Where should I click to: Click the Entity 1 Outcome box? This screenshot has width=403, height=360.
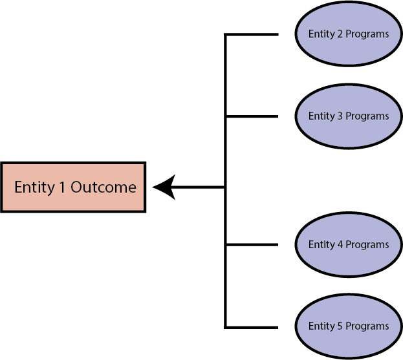pos(74,187)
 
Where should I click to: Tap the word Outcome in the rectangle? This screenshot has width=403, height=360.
pos(103,187)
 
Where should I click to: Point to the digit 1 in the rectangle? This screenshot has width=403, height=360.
pos(62,187)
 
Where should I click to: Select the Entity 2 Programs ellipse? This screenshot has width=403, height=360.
pos(348,34)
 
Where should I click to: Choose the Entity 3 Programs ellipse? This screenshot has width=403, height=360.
pos(348,116)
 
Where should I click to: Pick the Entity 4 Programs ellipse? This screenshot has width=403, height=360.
pos(348,245)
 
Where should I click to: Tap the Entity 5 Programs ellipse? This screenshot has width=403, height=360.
pos(348,326)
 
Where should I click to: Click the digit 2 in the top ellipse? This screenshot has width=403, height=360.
pos(340,34)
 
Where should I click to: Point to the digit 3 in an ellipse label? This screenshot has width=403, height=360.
pos(340,116)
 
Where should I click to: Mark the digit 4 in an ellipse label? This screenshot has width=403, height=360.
pos(340,245)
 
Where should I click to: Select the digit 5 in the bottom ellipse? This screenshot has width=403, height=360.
pos(340,326)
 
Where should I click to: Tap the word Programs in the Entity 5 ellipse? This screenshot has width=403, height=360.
pos(367,326)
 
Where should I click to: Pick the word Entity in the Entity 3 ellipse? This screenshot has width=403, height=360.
pos(321,117)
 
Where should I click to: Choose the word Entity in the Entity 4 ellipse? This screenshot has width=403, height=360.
pos(321,246)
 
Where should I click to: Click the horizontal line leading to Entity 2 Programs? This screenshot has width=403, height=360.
pos(252,34)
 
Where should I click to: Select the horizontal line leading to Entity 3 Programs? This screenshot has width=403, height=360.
pos(252,116)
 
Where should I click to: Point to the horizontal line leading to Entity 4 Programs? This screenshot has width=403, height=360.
pos(252,245)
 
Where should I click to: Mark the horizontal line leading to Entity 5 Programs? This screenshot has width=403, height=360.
pos(252,326)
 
